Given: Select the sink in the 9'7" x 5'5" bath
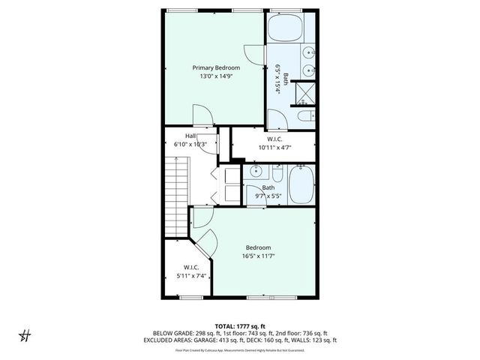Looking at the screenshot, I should (255, 174).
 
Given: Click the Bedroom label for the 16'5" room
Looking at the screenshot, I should (258, 247).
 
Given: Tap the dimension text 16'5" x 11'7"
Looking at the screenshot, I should (258, 256).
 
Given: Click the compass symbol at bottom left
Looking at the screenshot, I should (25, 335).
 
